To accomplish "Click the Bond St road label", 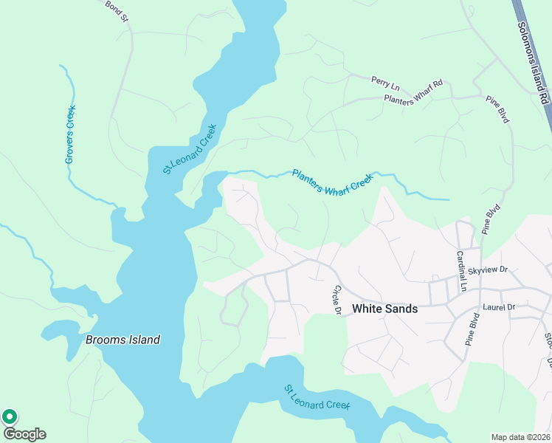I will [x=117, y=10].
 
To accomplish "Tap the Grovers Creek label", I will [x=71, y=134].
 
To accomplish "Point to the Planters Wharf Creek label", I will [x=333, y=181].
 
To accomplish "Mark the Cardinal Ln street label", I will [x=462, y=270].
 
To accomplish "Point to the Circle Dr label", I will [x=337, y=300].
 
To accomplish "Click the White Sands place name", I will [x=384, y=309].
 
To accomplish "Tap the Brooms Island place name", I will [x=123, y=340].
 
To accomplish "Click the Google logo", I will [x=24, y=434].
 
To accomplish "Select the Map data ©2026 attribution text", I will [x=520, y=437].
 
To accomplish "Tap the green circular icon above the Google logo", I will [x=10, y=416].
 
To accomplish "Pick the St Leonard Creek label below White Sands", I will [x=317, y=397].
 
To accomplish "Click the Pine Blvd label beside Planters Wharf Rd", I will [x=497, y=109].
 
